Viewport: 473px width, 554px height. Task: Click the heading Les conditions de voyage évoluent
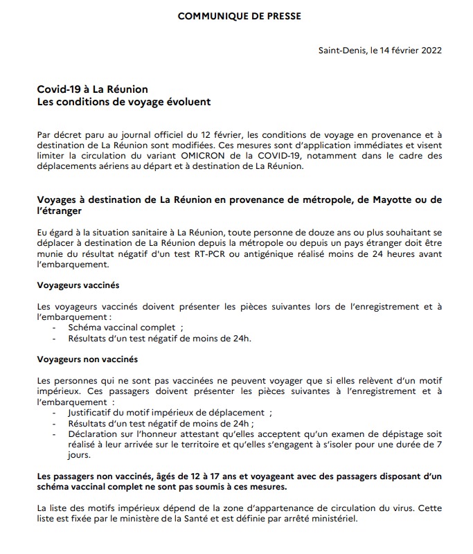coord(124,101)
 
